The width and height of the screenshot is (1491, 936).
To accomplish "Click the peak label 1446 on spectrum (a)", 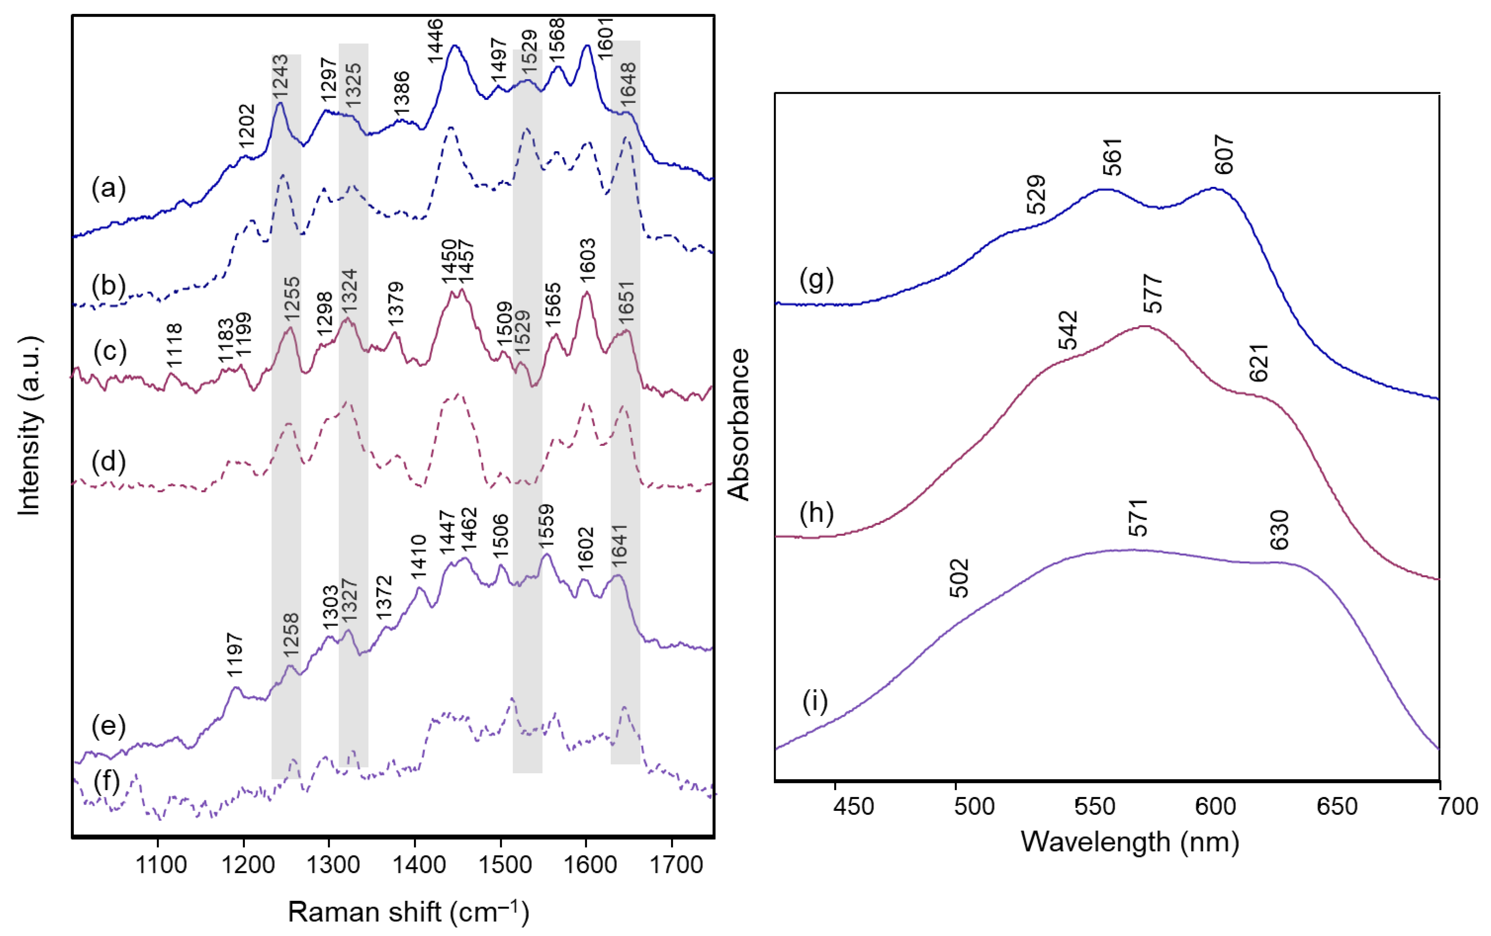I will coord(435,41).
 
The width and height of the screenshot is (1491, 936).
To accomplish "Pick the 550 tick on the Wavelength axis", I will coord(1095,806).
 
